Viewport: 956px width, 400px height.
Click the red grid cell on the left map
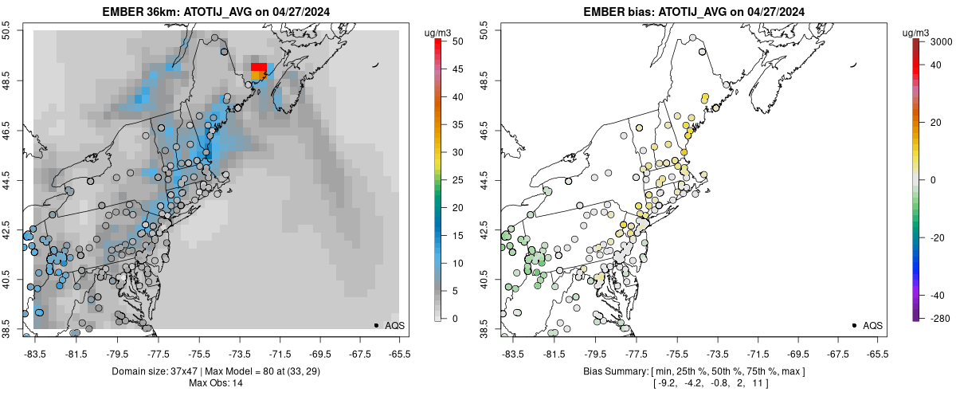point(259,67)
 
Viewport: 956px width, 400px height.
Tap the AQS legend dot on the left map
point(376,325)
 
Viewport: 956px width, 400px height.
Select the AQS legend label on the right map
point(872,325)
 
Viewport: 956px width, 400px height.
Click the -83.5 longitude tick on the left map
point(33,352)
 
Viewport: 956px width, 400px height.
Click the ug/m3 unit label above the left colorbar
point(439,32)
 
